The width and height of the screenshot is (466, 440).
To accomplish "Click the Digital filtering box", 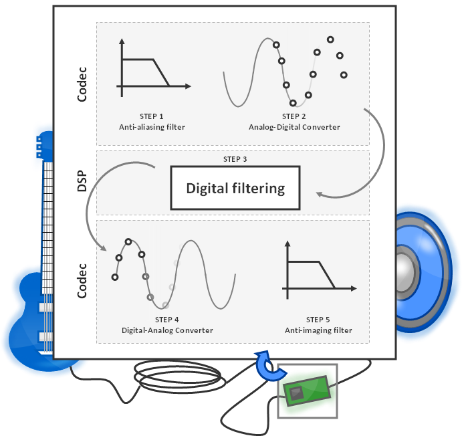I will [235, 189].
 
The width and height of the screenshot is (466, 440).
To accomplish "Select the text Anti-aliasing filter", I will [152, 126].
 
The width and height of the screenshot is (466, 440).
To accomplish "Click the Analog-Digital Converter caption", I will [294, 126].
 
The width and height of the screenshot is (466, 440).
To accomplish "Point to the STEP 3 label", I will [235, 159].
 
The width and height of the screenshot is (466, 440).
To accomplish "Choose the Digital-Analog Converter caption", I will [167, 330].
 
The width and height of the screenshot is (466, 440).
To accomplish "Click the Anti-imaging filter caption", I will [319, 330].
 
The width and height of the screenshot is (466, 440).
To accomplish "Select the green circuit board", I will [306, 391].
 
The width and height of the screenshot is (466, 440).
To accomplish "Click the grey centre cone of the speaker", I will [405, 269].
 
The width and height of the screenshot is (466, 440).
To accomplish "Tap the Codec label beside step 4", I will [82, 282].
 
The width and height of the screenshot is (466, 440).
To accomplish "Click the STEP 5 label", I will [319, 320].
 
